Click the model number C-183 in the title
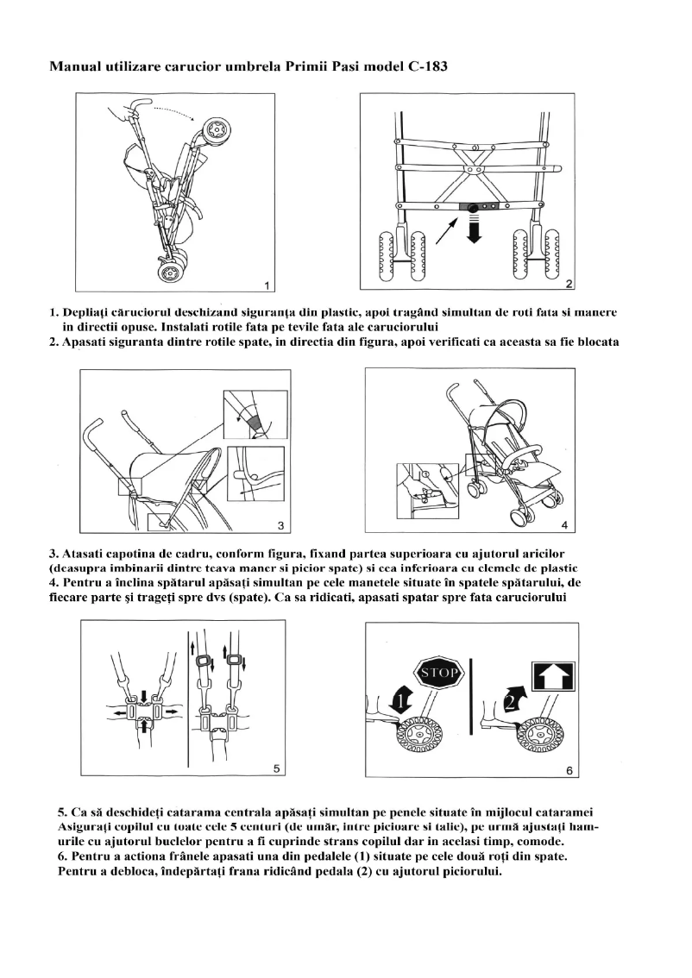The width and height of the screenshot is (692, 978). [425, 66]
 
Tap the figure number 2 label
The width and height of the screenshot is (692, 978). [569, 284]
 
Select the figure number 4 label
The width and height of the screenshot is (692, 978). [563, 524]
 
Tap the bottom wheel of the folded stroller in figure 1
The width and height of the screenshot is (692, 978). [170, 272]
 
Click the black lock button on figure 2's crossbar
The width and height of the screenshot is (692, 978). [474, 207]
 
